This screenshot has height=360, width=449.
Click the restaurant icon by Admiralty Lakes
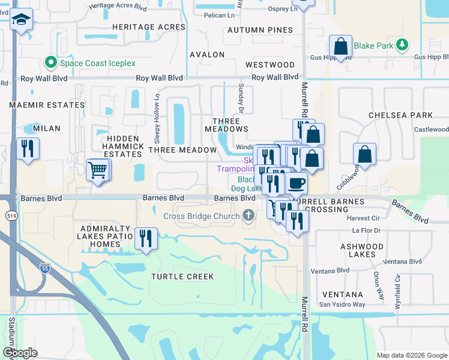pos(146,239)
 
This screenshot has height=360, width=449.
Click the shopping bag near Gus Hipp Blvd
pos(340,47)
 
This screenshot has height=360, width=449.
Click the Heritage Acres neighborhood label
pos(148,27)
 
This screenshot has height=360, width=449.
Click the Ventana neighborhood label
pos(342,295)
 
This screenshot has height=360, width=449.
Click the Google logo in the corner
pos(20,352)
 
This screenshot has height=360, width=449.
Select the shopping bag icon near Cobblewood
pos(364,154)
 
